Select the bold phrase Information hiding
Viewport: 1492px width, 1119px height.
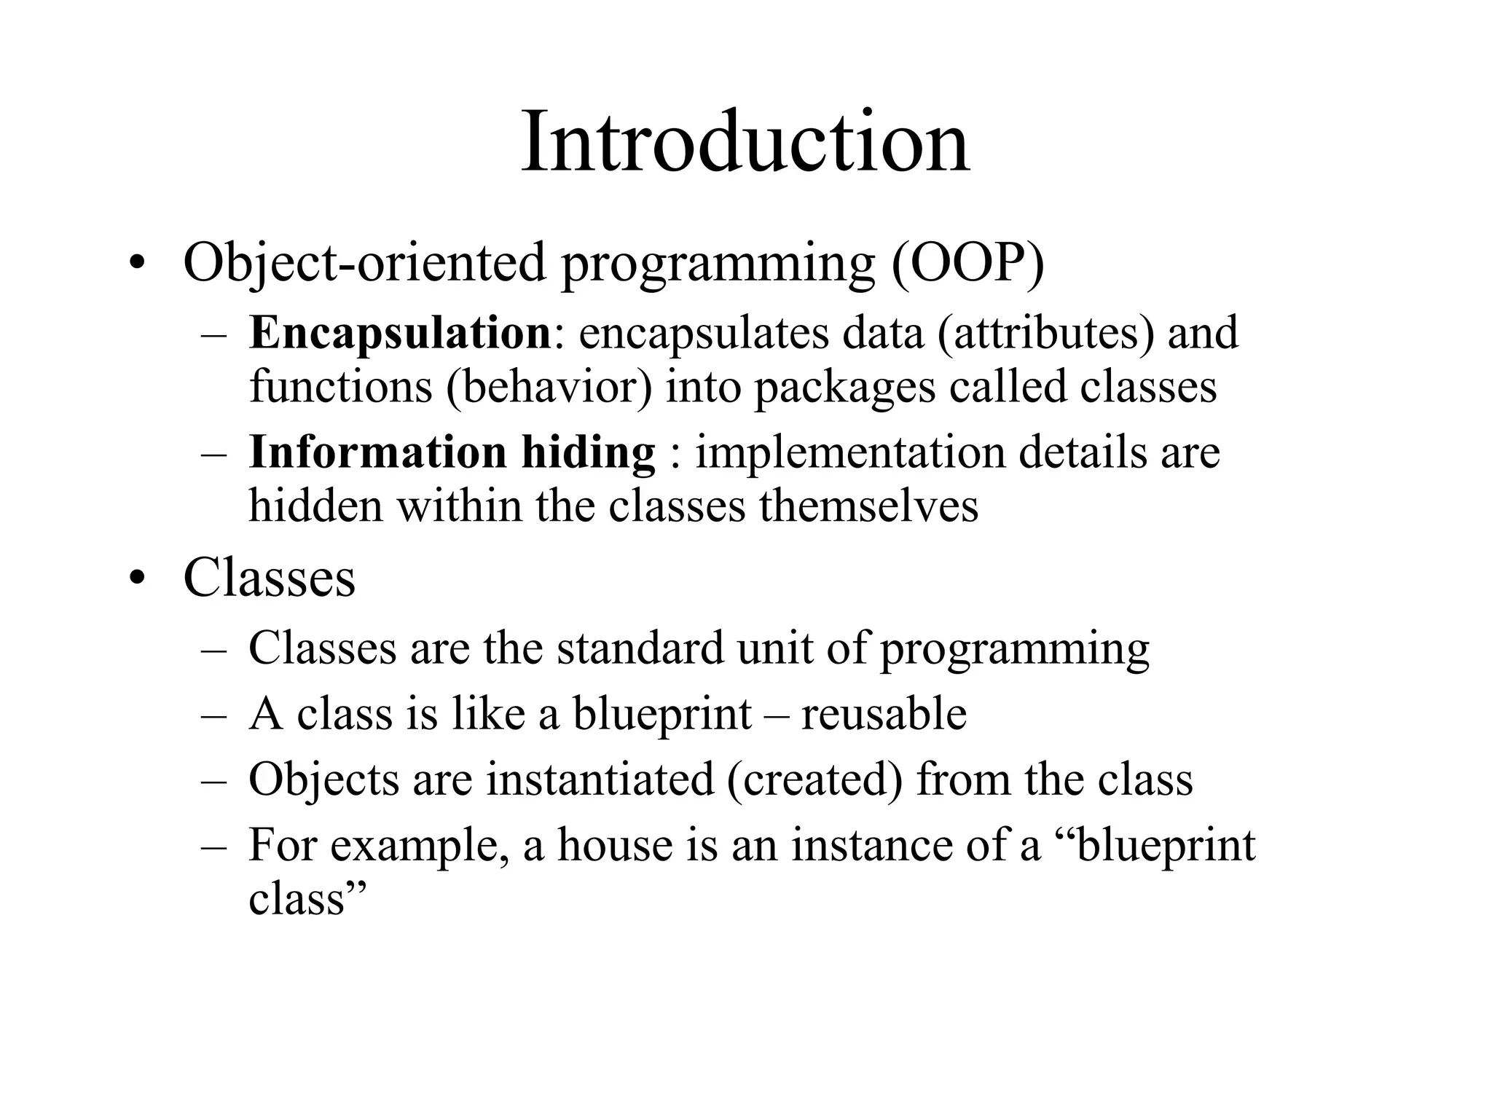[452, 452]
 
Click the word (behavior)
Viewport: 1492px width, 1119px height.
[549, 386]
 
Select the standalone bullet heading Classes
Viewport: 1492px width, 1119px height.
[269, 578]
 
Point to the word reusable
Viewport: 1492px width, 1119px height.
[884, 713]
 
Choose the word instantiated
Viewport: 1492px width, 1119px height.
[600, 779]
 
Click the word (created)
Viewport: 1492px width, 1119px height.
[814, 780]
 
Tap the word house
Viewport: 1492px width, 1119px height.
[615, 845]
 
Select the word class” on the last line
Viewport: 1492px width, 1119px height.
[306, 898]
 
